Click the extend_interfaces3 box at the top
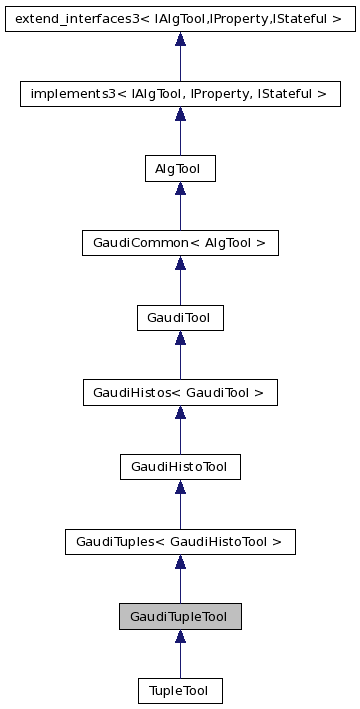pyautogui.click(x=180, y=18)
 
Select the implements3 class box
pyautogui.click(x=180, y=94)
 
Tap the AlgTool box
pyautogui.click(x=180, y=169)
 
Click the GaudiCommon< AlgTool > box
pyautogui.click(x=180, y=243)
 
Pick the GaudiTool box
pyautogui.click(x=180, y=318)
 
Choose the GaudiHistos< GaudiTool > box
pyautogui.click(x=180, y=393)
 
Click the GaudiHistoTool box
pyautogui.click(x=180, y=467)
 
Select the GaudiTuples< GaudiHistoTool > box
pyautogui.click(x=180, y=542)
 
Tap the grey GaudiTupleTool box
pyautogui.click(x=180, y=616)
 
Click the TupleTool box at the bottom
pyautogui.click(x=180, y=691)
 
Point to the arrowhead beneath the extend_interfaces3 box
pyautogui.click(x=180, y=40)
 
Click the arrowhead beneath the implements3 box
pyautogui.click(x=180, y=114)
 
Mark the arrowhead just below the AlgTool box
pyautogui.click(x=180, y=189)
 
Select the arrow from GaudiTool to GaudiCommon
pyautogui.click(x=180, y=281)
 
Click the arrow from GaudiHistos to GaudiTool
pyautogui.click(x=180, y=356)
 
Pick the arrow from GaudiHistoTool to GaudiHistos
pyautogui.click(x=180, y=430)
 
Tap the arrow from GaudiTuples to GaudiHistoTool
pyautogui.click(x=180, y=505)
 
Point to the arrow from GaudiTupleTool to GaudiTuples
pyautogui.click(x=180, y=579)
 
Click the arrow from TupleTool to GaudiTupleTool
pyautogui.click(x=180, y=654)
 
